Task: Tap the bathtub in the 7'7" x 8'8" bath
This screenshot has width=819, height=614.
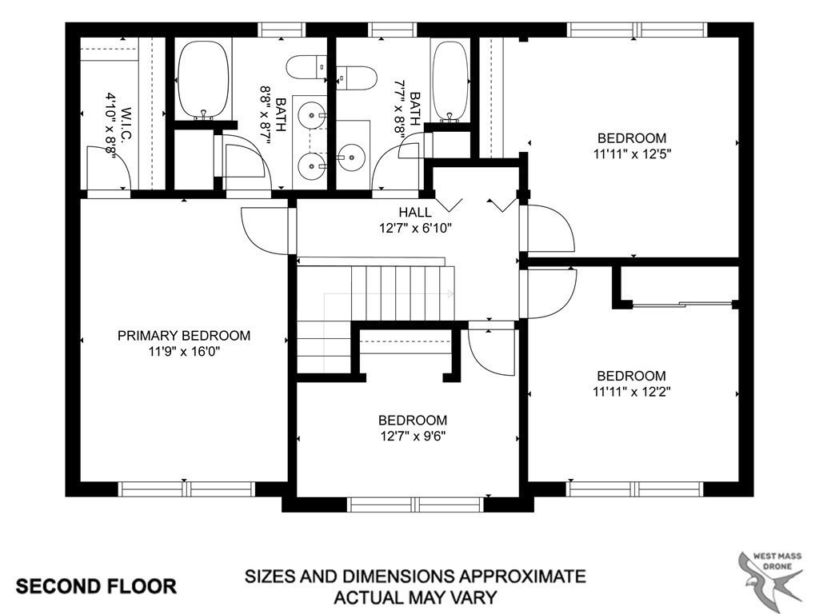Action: click(x=449, y=80)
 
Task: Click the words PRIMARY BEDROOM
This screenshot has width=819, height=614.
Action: click(x=183, y=336)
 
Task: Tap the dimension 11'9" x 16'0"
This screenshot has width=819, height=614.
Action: click(x=183, y=352)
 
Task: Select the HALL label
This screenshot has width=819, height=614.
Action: click(x=415, y=213)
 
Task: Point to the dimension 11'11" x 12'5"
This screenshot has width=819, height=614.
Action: click(x=632, y=154)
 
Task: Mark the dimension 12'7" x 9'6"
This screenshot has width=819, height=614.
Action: click(x=413, y=437)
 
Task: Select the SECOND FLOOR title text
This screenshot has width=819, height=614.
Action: click(x=97, y=586)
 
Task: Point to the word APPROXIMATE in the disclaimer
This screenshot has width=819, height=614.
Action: click(x=509, y=576)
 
